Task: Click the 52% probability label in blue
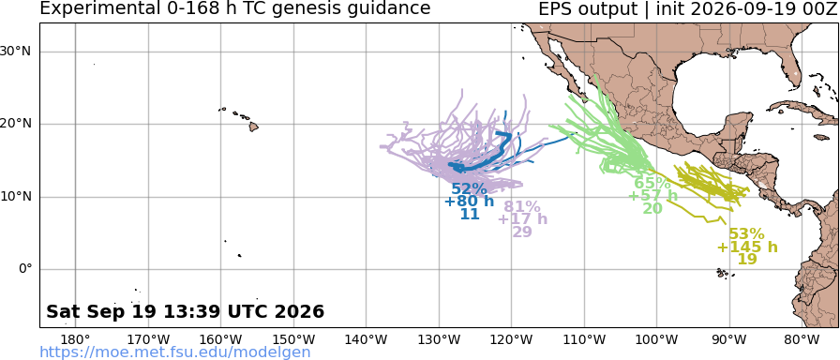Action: coord(470,189)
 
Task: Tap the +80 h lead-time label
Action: coord(470,202)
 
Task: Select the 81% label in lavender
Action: coord(522,207)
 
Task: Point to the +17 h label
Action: coord(522,219)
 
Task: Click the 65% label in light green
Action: coord(652,183)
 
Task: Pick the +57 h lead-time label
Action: coord(652,196)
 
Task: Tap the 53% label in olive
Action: coord(747,234)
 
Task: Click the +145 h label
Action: coord(747,247)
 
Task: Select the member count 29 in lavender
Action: coord(522,232)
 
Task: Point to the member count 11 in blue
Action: coord(470,215)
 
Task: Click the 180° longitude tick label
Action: coord(76,339)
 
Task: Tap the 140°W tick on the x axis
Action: coord(367,339)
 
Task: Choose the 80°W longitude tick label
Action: coord(802,339)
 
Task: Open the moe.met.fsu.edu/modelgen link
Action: coord(175,352)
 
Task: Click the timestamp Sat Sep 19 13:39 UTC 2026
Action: coord(186,311)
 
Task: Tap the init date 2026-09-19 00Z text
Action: coord(759,9)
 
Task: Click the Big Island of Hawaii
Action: coord(253,127)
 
